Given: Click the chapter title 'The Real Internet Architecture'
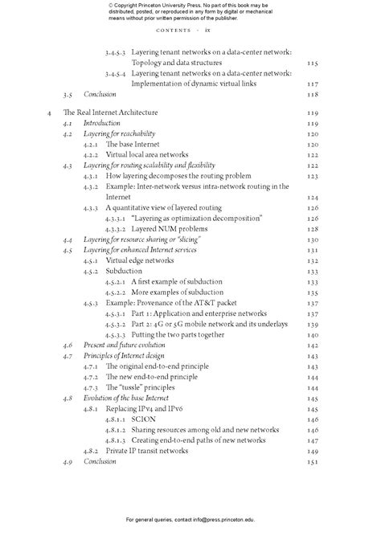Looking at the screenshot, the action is pyautogui.click(x=113, y=113).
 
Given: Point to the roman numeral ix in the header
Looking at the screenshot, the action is pyautogui.click(x=207, y=31).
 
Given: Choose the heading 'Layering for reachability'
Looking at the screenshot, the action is pyautogui.click(x=120, y=133).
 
